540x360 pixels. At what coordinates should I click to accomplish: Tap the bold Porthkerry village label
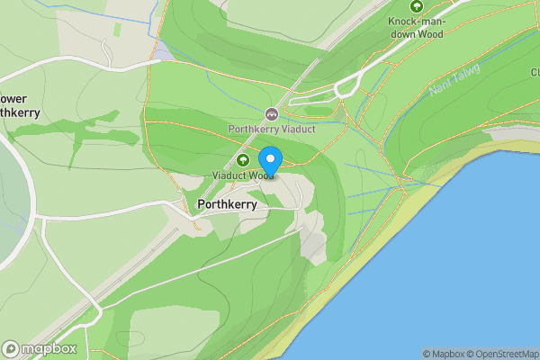pyautogui.click(x=227, y=205)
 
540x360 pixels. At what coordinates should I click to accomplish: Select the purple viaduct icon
pyautogui.click(x=271, y=114)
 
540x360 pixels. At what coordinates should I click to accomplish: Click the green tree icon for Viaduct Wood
pyautogui.click(x=241, y=159)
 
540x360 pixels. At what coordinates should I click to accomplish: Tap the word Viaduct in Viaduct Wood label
pyautogui.click(x=229, y=175)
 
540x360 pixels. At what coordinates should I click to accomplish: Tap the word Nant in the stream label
pyautogui.click(x=441, y=87)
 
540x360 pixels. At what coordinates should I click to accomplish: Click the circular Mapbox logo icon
pyautogui.click(x=12, y=348)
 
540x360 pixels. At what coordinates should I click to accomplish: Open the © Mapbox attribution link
pyautogui.click(x=444, y=354)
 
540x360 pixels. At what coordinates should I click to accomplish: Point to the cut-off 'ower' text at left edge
pyautogui.click(x=15, y=98)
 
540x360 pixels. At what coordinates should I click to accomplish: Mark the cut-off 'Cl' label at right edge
pyautogui.click(x=534, y=71)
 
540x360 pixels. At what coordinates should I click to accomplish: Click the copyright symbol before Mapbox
pyautogui.click(x=427, y=354)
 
